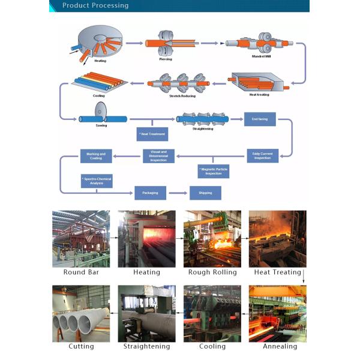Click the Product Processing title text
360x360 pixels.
[95, 5]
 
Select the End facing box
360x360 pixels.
[259, 119]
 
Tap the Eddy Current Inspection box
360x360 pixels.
[262, 155]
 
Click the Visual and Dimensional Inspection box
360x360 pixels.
[158, 155]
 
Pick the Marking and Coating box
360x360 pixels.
[96, 156]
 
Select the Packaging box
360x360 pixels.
[150, 193]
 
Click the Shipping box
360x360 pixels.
[205, 193]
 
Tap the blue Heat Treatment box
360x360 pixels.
[152, 134]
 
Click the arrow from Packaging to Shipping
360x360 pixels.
[178, 193]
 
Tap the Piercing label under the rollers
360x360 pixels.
[166, 59]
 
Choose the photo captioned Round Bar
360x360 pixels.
[81, 238]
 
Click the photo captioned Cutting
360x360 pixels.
[81, 313]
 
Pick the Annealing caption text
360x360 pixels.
[280, 346]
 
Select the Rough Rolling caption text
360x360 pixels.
[212, 272]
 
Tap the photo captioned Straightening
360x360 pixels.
[146, 313]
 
